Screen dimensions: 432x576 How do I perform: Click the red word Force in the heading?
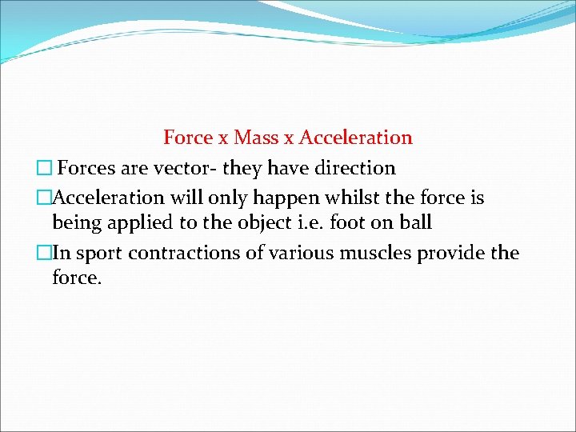pos(189,138)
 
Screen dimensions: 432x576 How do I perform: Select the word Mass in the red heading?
pos(256,138)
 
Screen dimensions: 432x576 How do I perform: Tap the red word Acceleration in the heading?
pos(355,138)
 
